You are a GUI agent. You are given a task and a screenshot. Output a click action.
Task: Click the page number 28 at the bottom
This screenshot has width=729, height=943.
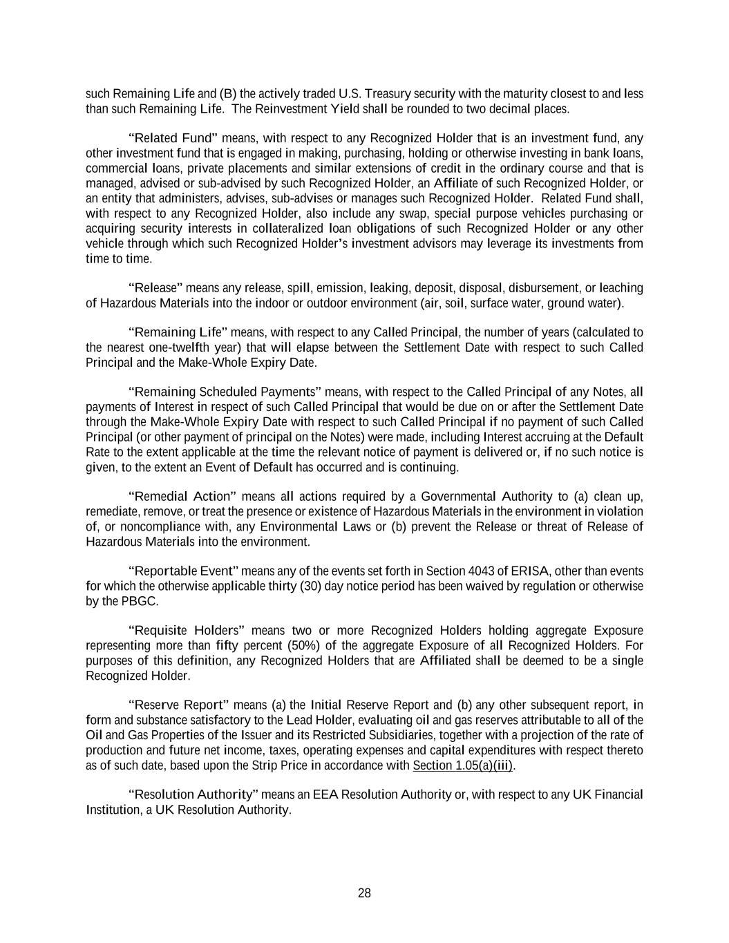pos(364,893)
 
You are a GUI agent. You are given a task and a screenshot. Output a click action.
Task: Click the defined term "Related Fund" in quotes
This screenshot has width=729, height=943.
pos(173,137)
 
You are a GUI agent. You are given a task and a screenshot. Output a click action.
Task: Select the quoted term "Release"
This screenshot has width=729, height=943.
pos(155,288)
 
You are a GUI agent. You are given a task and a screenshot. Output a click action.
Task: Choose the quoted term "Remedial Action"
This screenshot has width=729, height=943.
pos(182,497)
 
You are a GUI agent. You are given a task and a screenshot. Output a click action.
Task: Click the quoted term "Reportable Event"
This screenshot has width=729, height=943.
pos(183,571)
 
